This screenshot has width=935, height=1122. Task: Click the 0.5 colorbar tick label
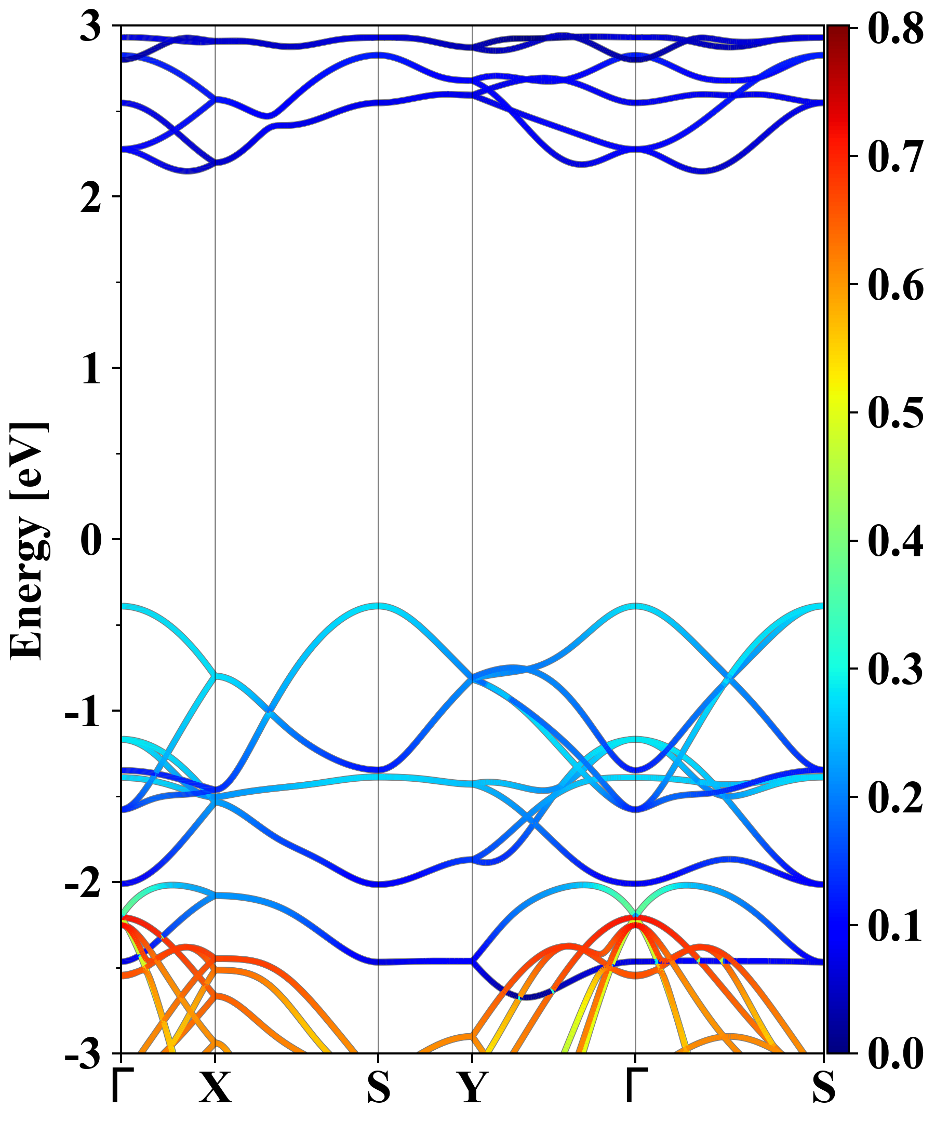[896, 412]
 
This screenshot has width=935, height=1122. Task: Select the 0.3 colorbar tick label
[896, 669]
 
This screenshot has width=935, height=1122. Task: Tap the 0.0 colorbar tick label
[896, 1053]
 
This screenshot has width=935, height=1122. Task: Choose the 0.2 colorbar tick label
[896, 797]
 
